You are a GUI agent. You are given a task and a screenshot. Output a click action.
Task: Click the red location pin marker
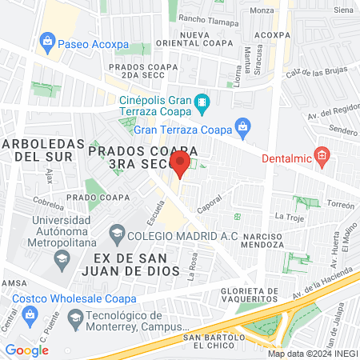[180, 165]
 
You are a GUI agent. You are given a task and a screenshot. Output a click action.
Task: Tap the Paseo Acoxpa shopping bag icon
[48, 40]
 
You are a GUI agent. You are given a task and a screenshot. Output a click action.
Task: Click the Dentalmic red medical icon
[322, 155]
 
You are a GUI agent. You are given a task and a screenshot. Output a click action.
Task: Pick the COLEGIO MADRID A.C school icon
[118, 234]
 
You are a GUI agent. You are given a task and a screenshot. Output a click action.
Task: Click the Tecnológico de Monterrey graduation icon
[75, 318]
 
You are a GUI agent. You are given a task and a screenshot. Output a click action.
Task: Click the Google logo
[26, 350]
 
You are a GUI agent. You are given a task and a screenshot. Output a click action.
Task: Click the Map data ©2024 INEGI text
[310, 353]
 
